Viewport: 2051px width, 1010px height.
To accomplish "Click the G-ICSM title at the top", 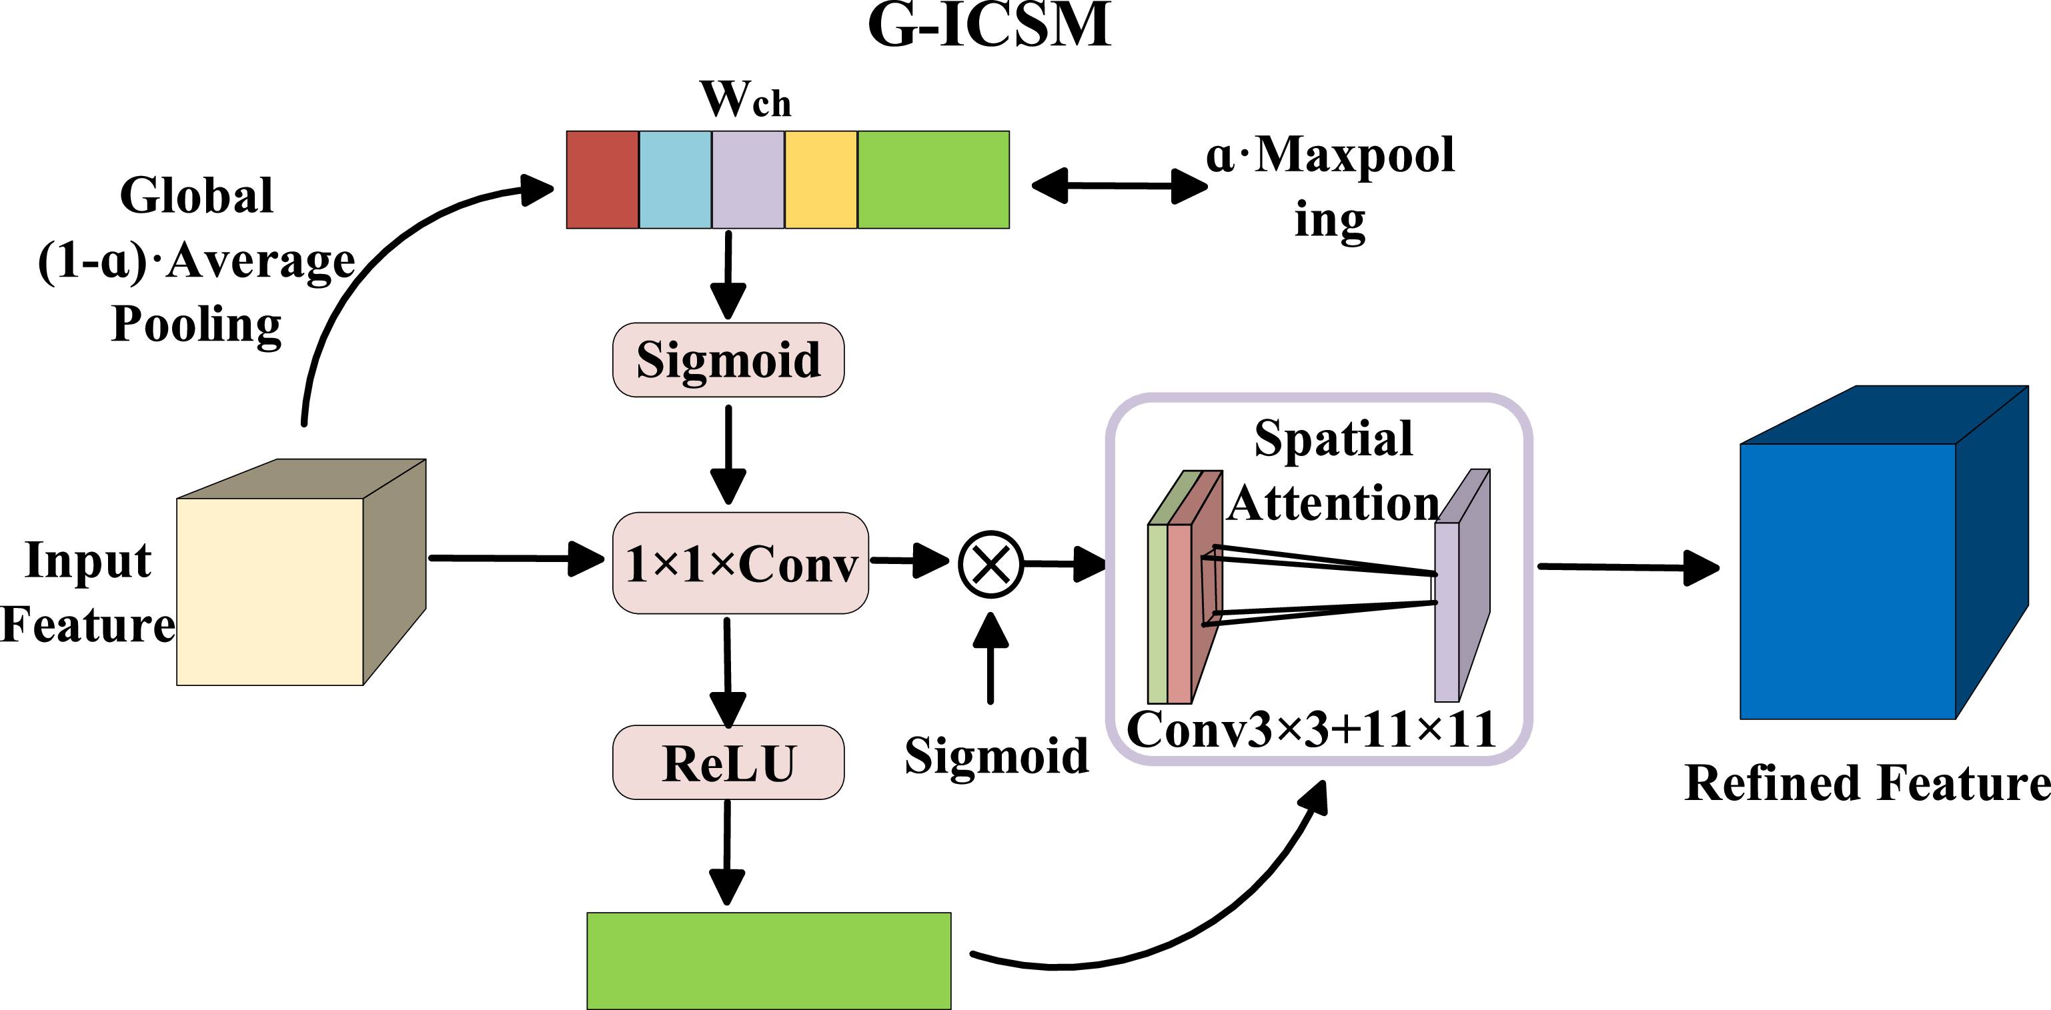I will [x=989, y=25].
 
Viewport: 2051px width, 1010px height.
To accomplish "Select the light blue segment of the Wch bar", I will [x=675, y=180].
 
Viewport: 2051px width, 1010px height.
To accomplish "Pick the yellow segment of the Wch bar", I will [x=821, y=180].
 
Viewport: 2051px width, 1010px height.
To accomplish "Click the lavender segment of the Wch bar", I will [x=748, y=180].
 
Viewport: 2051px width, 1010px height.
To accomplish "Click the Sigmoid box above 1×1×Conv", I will [x=728, y=360].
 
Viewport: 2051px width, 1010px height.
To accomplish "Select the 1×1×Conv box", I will [x=740, y=563].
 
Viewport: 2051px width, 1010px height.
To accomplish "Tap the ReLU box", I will [x=728, y=763].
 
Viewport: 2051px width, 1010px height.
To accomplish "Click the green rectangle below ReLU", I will [x=768, y=961].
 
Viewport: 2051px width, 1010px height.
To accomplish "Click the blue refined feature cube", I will [x=1847, y=581].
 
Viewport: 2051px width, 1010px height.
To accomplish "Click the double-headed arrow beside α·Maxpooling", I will [x=1119, y=185].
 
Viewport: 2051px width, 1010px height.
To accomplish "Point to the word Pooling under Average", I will [x=197, y=325].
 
